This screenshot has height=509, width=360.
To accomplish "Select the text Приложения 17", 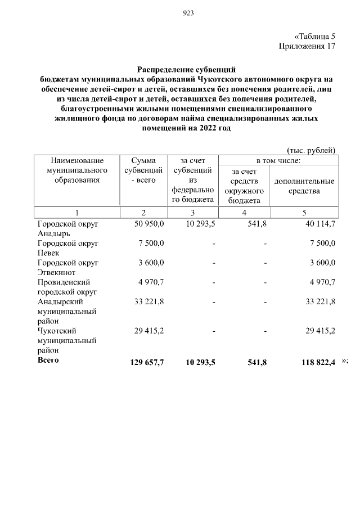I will click(x=307, y=46).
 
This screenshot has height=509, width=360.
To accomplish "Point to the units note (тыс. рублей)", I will click(x=311, y=150).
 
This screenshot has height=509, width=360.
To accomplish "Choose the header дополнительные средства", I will click(x=304, y=186).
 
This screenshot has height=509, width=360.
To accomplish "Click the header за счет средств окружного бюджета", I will click(x=244, y=186).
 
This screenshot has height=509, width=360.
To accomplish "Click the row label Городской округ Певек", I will click(x=67, y=248).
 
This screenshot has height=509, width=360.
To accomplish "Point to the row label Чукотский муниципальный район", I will click(x=66, y=340).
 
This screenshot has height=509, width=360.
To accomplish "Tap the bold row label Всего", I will click(x=48, y=360).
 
